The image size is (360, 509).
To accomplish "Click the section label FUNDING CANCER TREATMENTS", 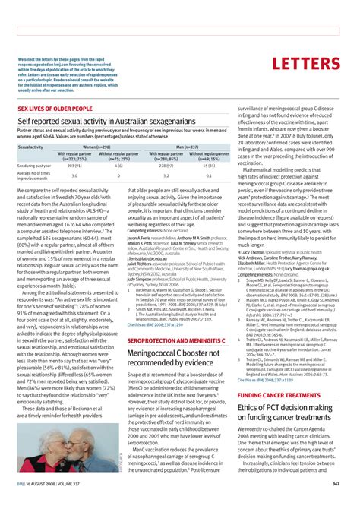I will (277, 395).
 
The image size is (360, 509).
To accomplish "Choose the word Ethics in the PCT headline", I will (251, 409).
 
